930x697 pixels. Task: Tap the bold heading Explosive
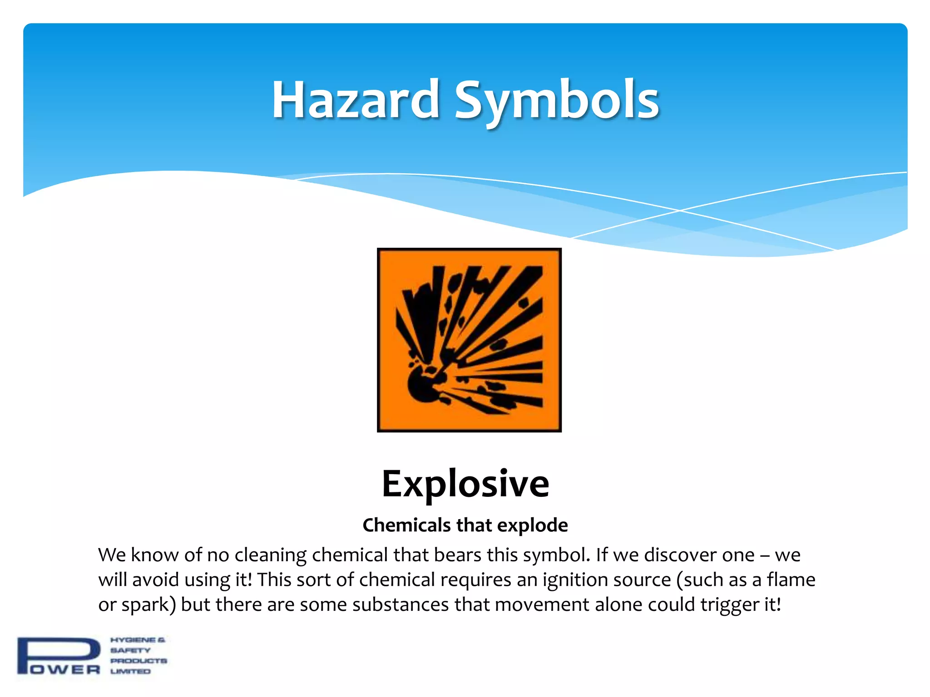pos(465,484)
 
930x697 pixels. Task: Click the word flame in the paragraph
pos(791,580)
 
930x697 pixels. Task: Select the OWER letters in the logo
pos(66,670)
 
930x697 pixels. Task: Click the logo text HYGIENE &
pos(138,640)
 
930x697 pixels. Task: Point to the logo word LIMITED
pos(130,671)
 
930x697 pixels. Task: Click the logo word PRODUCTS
pos(139,661)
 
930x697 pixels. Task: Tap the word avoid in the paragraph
pos(154,580)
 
